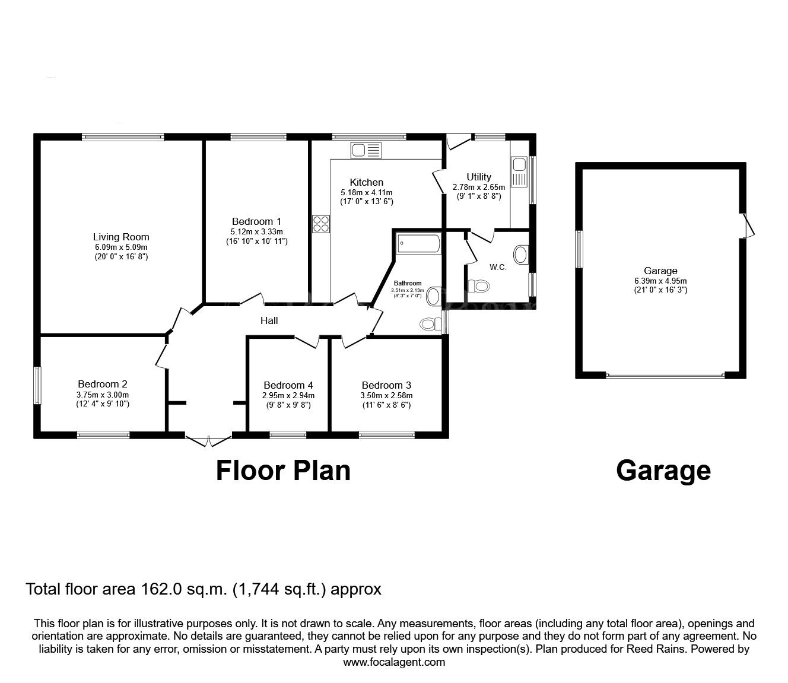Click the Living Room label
point(121,237)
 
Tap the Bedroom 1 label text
point(256,221)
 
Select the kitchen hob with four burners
point(321,224)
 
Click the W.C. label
point(498,268)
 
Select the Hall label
point(269,320)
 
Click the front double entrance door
point(208,440)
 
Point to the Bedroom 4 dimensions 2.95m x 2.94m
point(288,395)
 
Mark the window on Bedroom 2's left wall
point(37,386)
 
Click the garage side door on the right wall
point(748,225)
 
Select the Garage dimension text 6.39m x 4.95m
point(660,281)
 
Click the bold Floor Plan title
point(283,470)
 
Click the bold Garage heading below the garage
point(663,470)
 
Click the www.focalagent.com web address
point(394,662)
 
